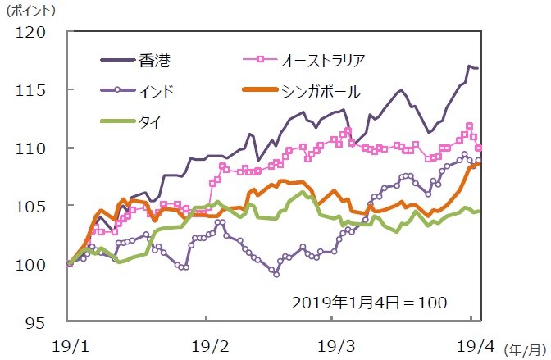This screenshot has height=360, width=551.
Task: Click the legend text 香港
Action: click(x=157, y=59)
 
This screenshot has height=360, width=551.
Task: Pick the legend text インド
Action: click(x=157, y=90)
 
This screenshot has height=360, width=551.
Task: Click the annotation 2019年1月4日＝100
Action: click(x=369, y=301)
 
